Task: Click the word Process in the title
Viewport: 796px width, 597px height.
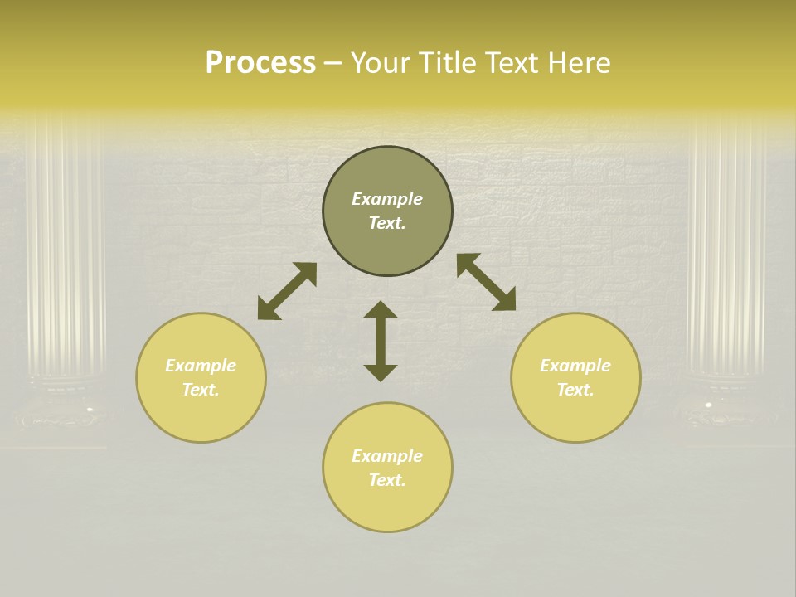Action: (x=260, y=63)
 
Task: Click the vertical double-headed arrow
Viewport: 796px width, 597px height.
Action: (x=381, y=341)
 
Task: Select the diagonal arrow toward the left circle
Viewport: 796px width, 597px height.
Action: (x=287, y=291)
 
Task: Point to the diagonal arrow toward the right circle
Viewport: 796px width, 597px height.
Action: (x=486, y=282)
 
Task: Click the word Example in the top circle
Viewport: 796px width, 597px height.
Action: (x=387, y=199)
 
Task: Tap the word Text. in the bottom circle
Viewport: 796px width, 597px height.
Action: (x=387, y=480)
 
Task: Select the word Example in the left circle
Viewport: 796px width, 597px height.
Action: (x=201, y=366)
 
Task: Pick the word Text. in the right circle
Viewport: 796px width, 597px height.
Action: (x=575, y=390)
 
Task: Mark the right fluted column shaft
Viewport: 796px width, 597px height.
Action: (x=726, y=249)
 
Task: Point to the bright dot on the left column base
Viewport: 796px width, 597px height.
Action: (x=90, y=409)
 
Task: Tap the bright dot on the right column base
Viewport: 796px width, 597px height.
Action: (x=708, y=405)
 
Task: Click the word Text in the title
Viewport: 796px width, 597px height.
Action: (x=509, y=63)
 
